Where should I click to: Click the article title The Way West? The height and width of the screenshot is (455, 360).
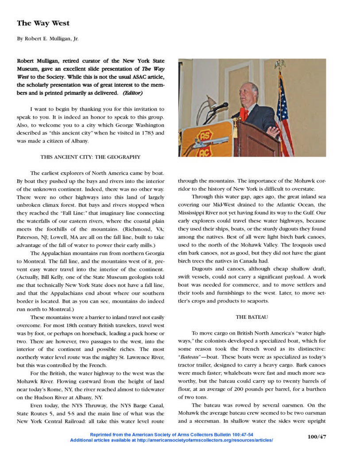[43, 23]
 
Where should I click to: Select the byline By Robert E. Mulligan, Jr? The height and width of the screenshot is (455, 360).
[47, 39]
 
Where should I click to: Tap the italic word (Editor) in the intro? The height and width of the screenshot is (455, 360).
[132, 93]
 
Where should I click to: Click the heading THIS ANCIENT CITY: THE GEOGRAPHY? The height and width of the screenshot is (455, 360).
[90, 157]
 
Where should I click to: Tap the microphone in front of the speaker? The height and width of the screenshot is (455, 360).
[220, 106]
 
